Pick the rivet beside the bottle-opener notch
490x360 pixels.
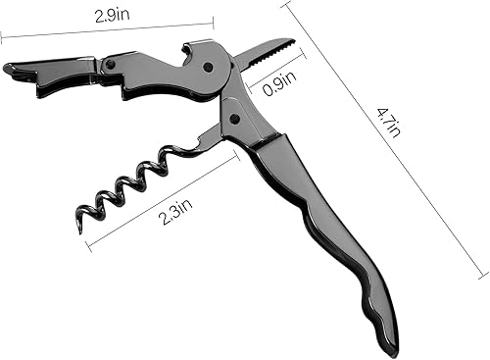[x=208, y=67]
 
